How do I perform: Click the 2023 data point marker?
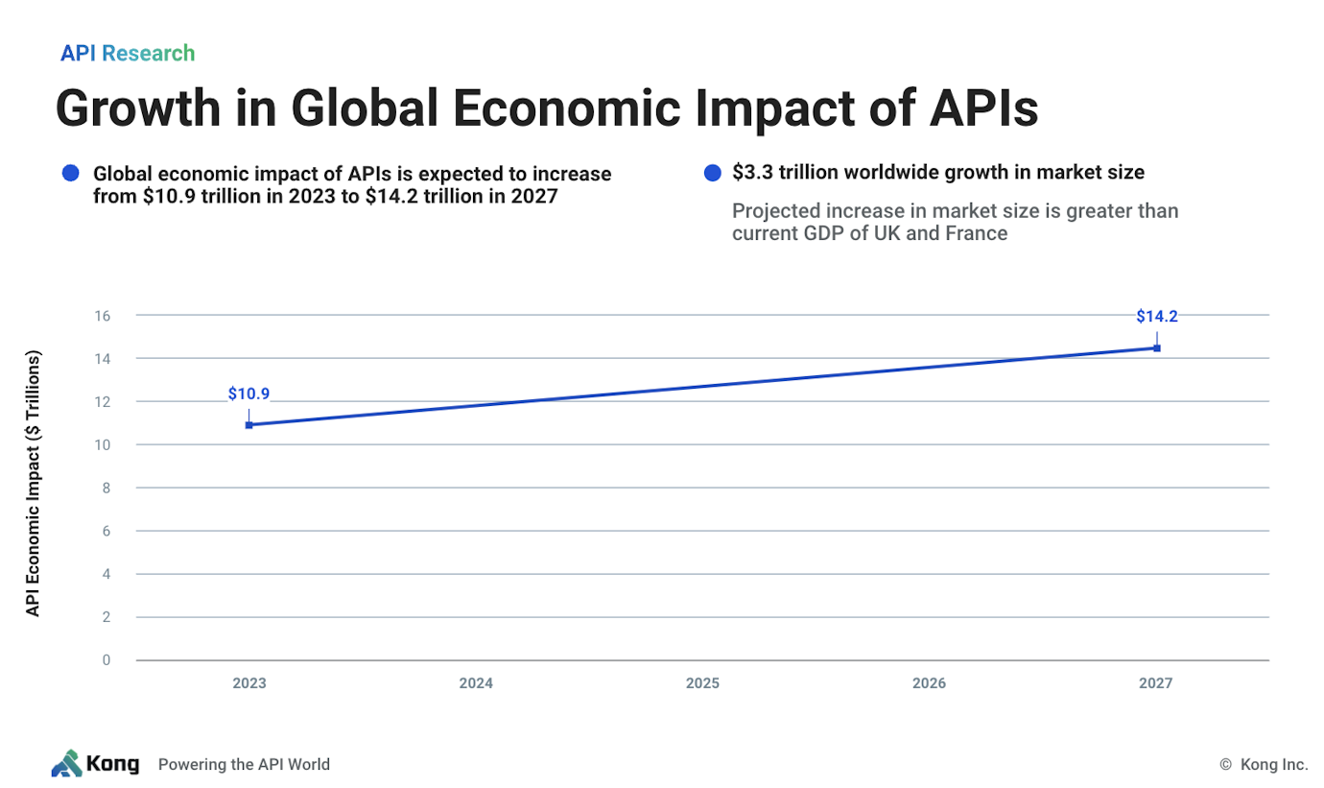coord(248,424)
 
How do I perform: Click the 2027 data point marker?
coord(1156,347)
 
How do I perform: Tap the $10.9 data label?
coord(248,393)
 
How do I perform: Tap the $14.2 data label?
coord(1156,316)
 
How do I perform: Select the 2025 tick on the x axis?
coord(702,683)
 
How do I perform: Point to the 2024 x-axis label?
coord(476,683)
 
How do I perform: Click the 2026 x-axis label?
coord(929,683)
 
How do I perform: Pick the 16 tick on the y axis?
coord(103,316)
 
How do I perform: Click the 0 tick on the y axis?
coord(106,660)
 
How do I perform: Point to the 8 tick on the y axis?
coord(106,488)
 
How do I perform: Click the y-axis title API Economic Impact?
coord(34,485)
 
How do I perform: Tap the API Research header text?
coord(128,53)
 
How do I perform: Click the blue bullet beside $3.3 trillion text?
coord(712,174)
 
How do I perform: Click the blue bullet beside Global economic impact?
coord(69,174)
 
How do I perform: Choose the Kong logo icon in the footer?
coord(66,763)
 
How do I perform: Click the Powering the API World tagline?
coord(244,765)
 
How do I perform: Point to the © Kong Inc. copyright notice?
coord(1263,765)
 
